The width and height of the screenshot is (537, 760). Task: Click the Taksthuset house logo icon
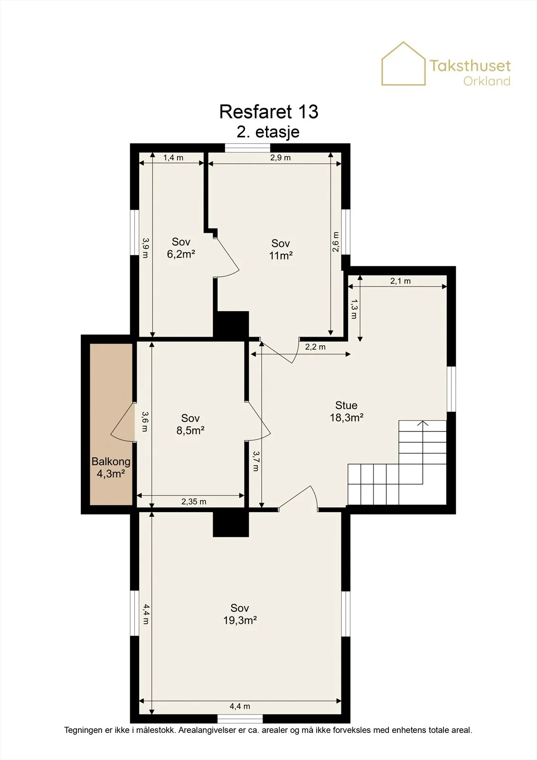point(404,64)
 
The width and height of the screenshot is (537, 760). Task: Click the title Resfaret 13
point(269,112)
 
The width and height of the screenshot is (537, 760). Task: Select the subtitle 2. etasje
point(268,132)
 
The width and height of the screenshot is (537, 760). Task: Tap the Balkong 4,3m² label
point(111,467)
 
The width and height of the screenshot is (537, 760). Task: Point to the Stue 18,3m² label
point(346,411)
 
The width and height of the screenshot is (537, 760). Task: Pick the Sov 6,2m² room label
point(181,247)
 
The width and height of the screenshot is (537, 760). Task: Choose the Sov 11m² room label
point(281,249)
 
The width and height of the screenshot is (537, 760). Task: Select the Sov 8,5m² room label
point(190,424)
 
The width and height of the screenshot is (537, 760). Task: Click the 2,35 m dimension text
point(194,502)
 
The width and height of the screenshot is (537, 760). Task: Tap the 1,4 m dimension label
point(173,157)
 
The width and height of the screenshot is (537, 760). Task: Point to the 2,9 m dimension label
point(280,157)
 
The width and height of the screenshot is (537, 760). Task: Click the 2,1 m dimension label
point(400,281)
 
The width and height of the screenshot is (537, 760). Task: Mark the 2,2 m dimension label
point(315,347)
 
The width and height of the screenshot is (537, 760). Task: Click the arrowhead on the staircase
point(423,423)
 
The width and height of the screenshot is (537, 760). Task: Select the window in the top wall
point(248,148)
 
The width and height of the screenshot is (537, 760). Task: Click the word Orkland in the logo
point(487,81)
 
